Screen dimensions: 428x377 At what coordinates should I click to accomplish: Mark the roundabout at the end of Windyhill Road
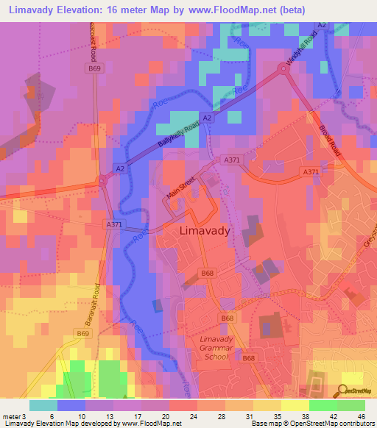[x=282, y=69]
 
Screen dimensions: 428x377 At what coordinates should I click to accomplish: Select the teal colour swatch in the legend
[x=43, y=404]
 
